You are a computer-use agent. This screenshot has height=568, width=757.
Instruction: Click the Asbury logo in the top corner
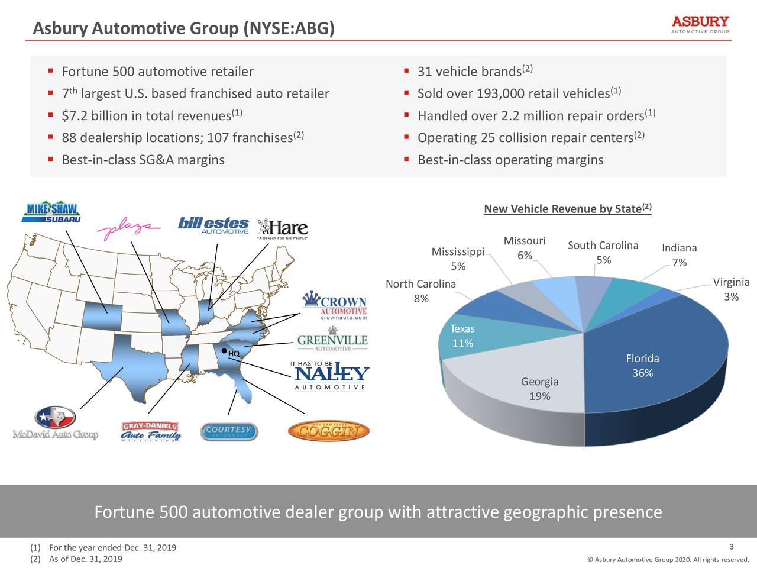tap(700, 24)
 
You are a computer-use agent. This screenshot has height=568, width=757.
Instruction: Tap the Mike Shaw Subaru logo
tap(51, 213)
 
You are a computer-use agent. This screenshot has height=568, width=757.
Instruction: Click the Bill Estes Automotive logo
tap(213, 226)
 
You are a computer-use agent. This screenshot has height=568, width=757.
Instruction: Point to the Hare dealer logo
tap(283, 228)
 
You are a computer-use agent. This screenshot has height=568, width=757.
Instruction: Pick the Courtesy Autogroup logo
tap(229, 431)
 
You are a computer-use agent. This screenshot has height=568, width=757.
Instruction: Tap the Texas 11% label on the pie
tap(462, 336)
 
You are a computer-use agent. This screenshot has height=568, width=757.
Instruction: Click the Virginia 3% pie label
tap(731, 289)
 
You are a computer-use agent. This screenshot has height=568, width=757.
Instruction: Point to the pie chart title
tap(567, 209)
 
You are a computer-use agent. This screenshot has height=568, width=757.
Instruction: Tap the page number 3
tap(732, 547)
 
